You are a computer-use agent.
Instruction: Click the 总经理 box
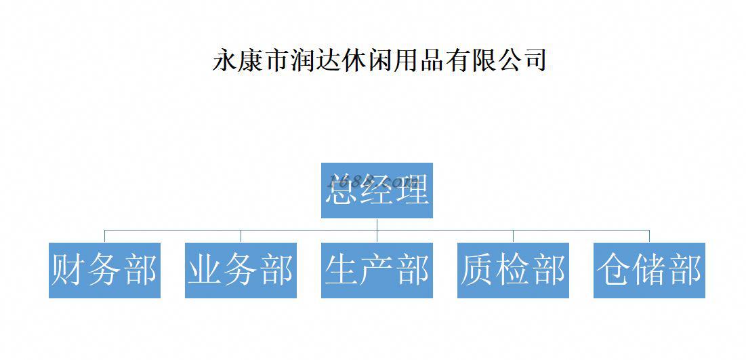point(377,191)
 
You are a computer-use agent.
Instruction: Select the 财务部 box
point(104,270)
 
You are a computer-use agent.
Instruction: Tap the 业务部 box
point(241,270)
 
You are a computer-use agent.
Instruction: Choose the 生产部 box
point(377,270)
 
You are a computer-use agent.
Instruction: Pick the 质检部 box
point(513,270)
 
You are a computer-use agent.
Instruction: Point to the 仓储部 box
point(649,270)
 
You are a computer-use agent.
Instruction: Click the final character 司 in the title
point(533,60)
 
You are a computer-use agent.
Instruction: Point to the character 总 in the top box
point(341,191)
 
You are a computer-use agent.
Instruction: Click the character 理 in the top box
point(412,191)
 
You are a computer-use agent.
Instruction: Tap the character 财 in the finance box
point(69,270)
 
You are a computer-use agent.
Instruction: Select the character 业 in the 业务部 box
point(205,270)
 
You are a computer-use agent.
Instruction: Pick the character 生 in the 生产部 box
point(341,270)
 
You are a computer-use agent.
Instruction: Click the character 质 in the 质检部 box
point(478,270)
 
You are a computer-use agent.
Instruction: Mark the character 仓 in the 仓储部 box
point(614,270)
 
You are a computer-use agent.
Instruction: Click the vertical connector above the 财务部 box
point(104,236)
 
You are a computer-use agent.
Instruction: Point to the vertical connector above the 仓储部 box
point(649,236)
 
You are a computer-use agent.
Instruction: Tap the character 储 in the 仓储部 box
point(649,270)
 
